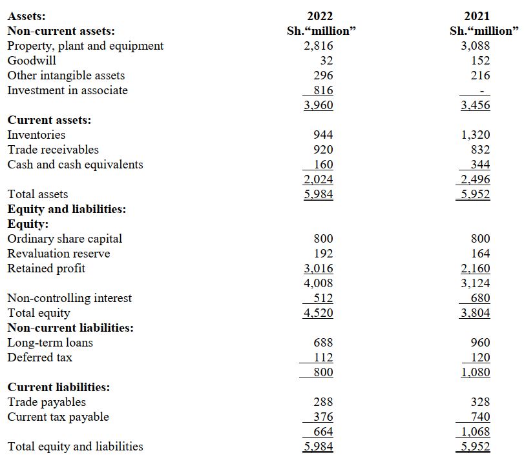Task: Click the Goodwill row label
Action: point(31,61)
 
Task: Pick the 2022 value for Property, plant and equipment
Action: point(319,46)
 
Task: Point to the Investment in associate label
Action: point(67,90)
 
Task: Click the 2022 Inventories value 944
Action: point(323,135)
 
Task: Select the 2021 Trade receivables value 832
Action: point(480,150)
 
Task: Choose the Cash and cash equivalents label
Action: point(75,165)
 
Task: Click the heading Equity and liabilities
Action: point(67,209)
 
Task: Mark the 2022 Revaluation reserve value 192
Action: point(323,254)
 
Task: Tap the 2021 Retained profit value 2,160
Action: point(476,268)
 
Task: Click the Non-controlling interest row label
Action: point(69,298)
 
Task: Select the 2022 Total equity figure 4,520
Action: point(319,313)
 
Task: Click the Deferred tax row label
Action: point(39,358)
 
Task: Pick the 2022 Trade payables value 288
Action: point(323,402)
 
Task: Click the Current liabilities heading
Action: point(58,387)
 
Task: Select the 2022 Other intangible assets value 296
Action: point(323,76)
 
